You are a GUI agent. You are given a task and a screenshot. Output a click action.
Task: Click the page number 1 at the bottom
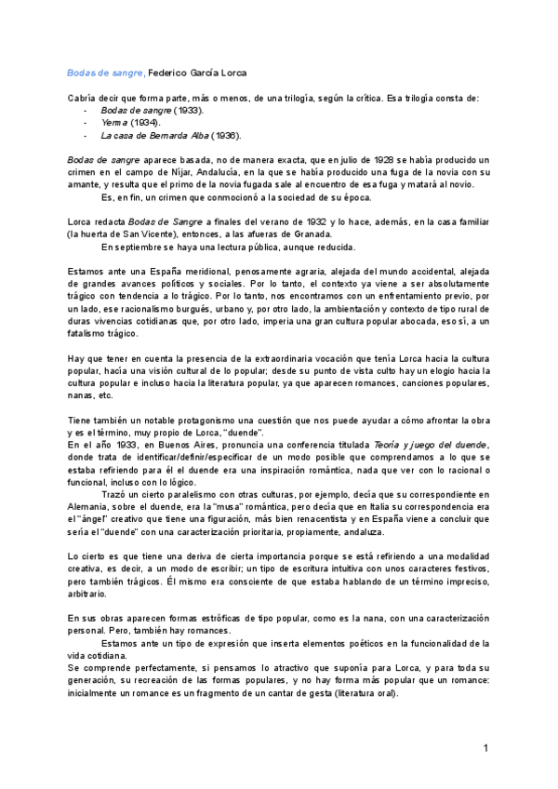click(485, 748)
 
